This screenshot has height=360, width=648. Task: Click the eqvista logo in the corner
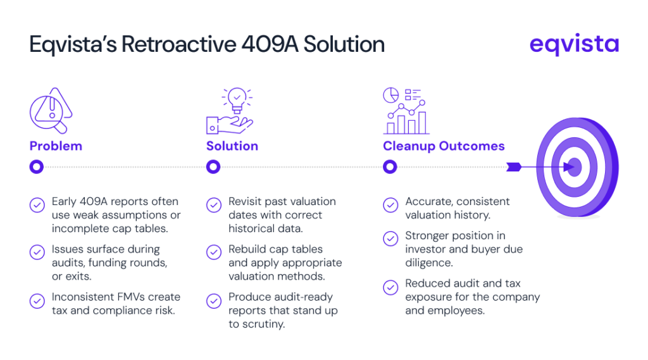(574, 44)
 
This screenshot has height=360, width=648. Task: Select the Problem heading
(56, 146)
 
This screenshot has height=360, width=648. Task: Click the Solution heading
(232, 146)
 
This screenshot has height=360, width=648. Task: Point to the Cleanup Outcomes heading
(444, 146)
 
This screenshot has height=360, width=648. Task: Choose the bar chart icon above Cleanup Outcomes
(406, 111)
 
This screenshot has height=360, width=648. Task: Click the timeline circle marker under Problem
(37, 167)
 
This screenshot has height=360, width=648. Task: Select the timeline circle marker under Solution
(213, 167)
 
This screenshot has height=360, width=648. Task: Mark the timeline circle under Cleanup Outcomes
(390, 167)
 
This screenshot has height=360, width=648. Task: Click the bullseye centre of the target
(574, 168)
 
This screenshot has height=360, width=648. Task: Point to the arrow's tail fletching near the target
(513, 168)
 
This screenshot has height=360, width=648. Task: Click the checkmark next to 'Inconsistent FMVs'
(37, 301)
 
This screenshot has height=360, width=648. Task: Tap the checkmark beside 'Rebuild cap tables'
(214, 252)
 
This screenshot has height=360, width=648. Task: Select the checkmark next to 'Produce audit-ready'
(214, 301)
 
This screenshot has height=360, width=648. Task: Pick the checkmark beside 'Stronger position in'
(391, 239)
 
